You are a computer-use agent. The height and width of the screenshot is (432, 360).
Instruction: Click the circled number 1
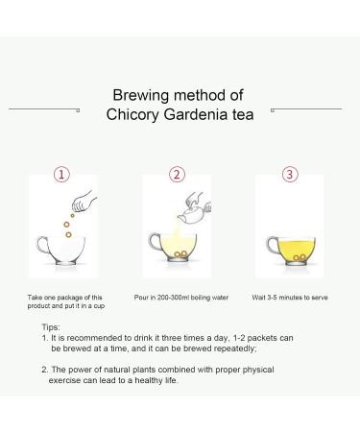(x=61, y=175)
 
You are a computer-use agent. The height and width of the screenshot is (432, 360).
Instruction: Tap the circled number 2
(x=177, y=175)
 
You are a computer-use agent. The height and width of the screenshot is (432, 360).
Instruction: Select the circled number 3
(x=290, y=175)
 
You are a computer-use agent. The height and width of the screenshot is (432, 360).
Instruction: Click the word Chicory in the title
(x=132, y=115)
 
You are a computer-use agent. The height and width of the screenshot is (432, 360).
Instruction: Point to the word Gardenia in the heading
(x=196, y=114)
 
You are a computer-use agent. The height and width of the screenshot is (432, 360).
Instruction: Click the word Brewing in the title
(x=141, y=96)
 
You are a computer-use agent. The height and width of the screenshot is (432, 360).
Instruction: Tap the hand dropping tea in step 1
(x=84, y=202)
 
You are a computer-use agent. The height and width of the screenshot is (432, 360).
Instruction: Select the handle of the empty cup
(x=42, y=245)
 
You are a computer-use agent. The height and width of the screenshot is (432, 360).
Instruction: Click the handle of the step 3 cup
(x=273, y=246)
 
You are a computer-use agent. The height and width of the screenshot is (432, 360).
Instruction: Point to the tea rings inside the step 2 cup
(x=180, y=253)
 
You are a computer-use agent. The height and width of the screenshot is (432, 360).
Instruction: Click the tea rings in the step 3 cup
(x=300, y=257)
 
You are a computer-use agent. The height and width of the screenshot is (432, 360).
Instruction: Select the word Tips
(x=51, y=327)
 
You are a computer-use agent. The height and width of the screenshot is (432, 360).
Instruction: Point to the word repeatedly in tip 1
(x=235, y=348)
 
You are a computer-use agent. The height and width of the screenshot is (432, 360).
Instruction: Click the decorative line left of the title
(x=44, y=109)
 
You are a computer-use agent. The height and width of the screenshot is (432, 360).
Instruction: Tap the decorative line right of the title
(x=306, y=109)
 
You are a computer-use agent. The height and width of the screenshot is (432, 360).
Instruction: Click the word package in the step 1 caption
(x=70, y=298)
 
